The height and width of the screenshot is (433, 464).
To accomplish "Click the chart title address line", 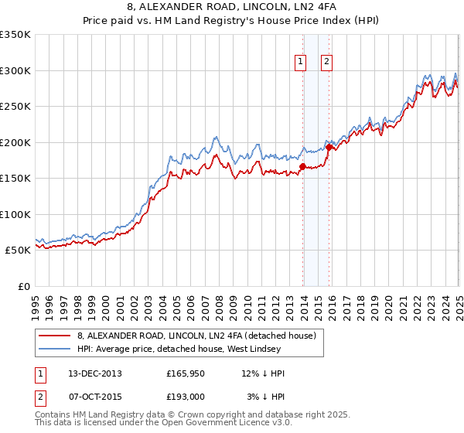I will (x=232, y=9).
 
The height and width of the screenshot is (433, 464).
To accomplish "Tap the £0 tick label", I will (x=24, y=286).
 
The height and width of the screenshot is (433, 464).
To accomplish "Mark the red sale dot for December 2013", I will (x=302, y=166).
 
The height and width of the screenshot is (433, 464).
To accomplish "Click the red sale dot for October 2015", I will (x=329, y=147).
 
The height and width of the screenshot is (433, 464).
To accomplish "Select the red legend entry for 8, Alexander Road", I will (x=196, y=336).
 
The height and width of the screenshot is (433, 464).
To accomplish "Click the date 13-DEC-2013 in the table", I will (x=99, y=373).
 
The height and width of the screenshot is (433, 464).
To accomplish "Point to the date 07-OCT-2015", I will (x=99, y=396).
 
